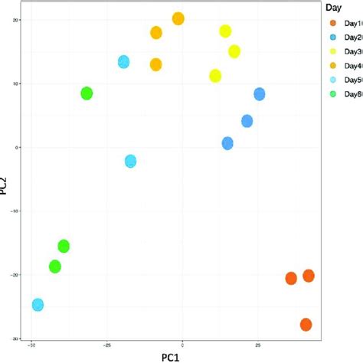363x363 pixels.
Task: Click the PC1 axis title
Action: [x=170, y=356]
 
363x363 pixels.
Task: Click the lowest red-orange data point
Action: [x=306, y=325]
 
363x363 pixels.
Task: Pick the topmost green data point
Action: [x=87, y=93]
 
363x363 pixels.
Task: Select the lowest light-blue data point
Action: [x=38, y=305]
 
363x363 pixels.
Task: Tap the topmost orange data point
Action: [x=178, y=18]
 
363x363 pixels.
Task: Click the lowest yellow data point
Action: [x=215, y=76]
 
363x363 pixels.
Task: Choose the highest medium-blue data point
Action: [x=260, y=94]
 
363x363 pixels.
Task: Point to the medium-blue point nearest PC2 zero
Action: [x=227, y=143]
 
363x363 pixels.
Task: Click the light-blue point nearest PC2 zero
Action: [x=130, y=161]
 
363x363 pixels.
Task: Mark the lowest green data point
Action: [x=54, y=267]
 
